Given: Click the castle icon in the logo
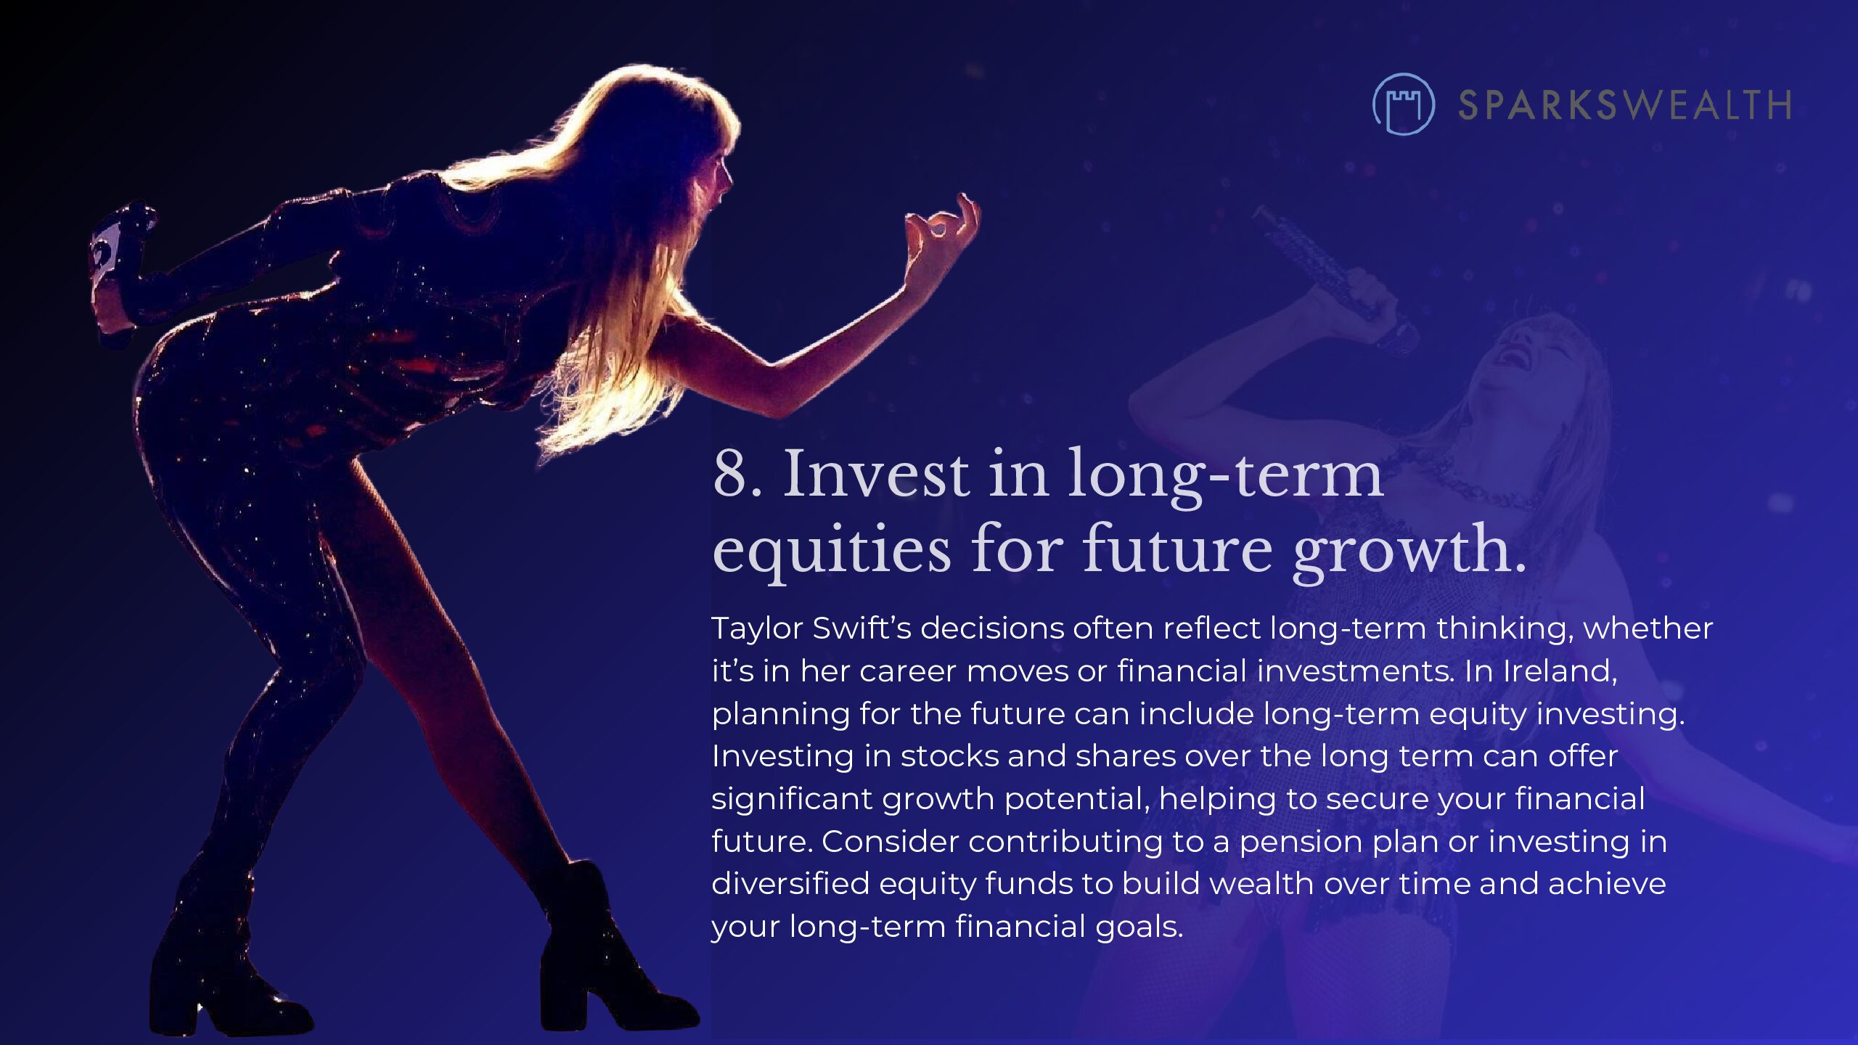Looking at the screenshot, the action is [x=1403, y=104].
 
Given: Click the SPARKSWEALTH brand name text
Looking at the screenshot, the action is [x=1624, y=105].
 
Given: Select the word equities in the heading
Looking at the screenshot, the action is [x=832, y=549].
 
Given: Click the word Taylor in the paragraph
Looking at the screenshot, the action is [x=757, y=629].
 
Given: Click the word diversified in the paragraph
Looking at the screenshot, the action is [x=790, y=884].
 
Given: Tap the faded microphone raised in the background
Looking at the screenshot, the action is [x=1335, y=276].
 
